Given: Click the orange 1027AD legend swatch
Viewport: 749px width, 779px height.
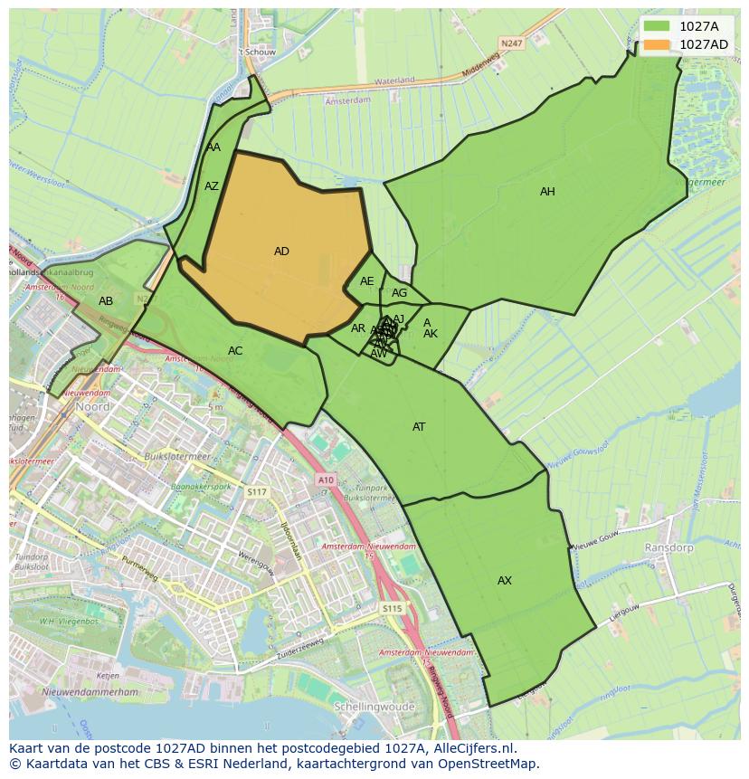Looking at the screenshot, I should coord(659,44).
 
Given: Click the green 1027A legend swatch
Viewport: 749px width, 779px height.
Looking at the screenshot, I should coord(659,25).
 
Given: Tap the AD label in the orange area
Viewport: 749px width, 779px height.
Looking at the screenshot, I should coord(281,252).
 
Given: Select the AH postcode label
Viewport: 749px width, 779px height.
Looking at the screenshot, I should coord(547,192).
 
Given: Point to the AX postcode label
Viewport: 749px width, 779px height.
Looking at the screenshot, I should coord(505,581).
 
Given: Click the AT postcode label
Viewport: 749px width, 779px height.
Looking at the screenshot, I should coord(419,427).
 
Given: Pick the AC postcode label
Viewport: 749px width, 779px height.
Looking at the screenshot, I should coord(235,351).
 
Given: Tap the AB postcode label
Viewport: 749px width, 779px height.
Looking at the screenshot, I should coord(106,301).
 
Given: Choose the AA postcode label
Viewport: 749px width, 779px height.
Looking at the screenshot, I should coord(213,147).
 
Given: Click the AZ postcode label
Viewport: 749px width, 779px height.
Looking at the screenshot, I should coord(212,187).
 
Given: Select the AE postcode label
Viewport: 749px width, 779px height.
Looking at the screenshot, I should coord(366,281).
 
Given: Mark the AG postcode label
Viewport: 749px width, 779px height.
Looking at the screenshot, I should coord(399,293).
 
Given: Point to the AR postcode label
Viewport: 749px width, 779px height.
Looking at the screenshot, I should coord(358,328).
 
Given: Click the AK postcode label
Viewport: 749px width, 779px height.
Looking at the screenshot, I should coord(431,334).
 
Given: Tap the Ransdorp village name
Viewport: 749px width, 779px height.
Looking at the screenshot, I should coord(668,548).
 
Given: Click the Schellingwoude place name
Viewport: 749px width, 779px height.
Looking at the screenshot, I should coord(374,707).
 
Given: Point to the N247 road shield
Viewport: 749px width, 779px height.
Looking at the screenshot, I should coord(512,42).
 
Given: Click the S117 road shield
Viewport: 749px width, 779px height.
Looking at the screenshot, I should coord(257,491).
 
